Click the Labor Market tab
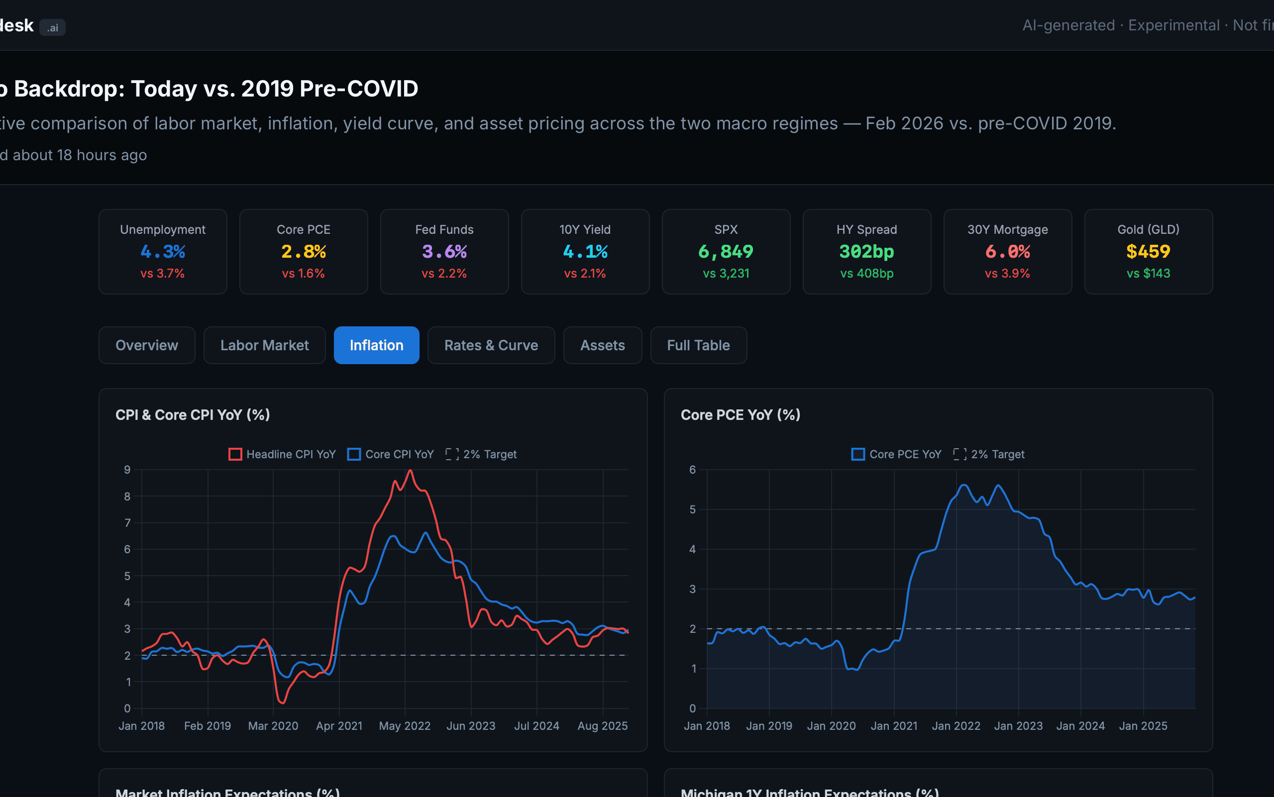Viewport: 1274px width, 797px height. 264,345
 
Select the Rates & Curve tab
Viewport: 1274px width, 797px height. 491,345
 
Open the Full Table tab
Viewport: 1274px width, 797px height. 698,345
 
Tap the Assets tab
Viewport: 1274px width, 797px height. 602,345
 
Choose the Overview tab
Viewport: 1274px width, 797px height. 147,345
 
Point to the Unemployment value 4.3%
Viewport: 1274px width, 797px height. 162,251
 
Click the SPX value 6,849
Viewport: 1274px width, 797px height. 726,251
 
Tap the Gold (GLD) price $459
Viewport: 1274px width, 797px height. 1148,251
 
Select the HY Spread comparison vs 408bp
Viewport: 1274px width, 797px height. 866,274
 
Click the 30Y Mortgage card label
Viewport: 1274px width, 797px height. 1007,230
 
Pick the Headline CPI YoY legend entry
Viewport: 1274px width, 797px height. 282,454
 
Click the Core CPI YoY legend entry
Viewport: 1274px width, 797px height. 391,454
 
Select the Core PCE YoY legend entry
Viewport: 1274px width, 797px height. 896,454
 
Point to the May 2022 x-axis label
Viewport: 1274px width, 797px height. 405,726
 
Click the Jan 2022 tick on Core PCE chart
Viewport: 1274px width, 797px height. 955,726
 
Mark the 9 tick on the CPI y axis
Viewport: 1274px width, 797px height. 127,470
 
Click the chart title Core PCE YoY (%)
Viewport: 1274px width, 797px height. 741,415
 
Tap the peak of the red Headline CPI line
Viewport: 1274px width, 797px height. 410,470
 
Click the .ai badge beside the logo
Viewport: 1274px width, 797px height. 52,27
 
